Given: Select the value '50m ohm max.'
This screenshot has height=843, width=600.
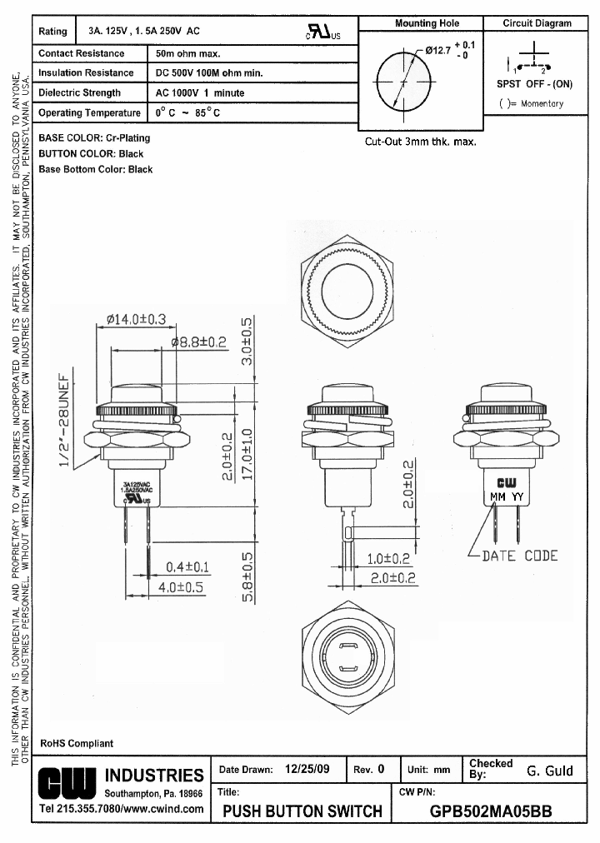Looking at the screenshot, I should (x=187, y=53).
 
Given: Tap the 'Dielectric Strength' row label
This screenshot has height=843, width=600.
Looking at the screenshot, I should (x=80, y=93).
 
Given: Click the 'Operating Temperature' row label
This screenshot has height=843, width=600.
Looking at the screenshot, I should (x=90, y=112).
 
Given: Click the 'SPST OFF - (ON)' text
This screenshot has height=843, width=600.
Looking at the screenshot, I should (x=534, y=84).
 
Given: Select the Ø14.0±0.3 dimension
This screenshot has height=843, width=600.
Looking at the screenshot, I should (x=137, y=319).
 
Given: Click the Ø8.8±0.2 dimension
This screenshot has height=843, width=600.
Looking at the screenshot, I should (x=199, y=342).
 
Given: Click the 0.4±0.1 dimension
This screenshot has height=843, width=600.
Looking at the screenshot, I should (x=187, y=566).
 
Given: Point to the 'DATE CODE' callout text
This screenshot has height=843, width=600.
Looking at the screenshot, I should (x=520, y=556).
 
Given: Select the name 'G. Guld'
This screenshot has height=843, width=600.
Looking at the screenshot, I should (x=550, y=771).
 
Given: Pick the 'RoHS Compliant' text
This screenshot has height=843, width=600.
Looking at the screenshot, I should (x=77, y=743).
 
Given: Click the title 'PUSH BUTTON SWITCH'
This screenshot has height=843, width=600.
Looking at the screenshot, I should (x=303, y=811).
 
